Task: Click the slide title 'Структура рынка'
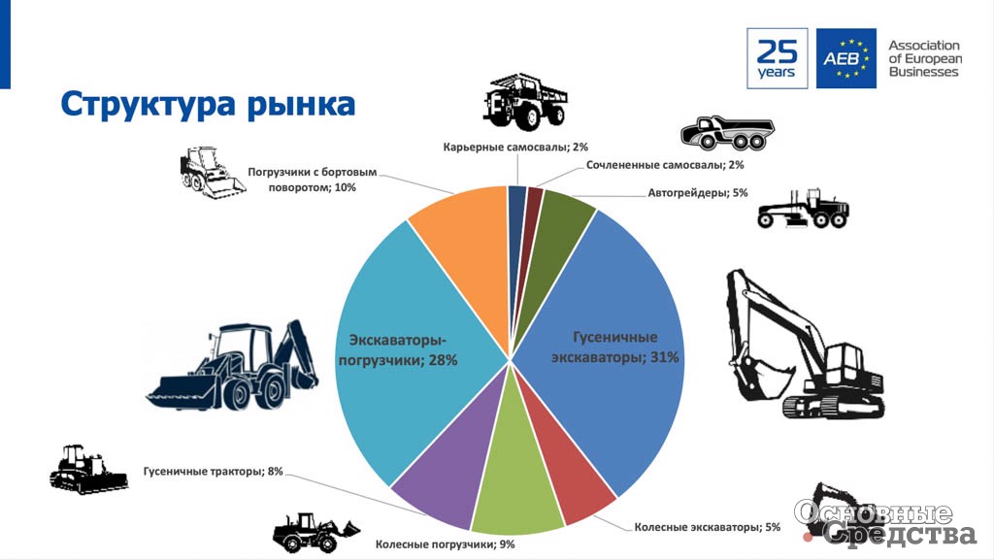point(208,104)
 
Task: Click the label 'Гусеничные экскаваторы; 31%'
point(614,347)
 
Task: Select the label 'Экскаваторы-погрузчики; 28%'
point(398,349)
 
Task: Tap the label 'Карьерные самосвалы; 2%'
point(515,147)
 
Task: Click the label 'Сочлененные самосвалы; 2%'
point(664,165)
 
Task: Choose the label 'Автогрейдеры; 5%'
point(697,192)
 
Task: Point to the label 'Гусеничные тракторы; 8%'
point(213,472)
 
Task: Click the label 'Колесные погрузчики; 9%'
point(445,544)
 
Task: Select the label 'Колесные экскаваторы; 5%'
point(707,527)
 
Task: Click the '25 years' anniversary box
point(778,58)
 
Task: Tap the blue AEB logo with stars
point(846,58)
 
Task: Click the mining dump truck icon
point(524,101)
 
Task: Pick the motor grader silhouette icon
point(803,209)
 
